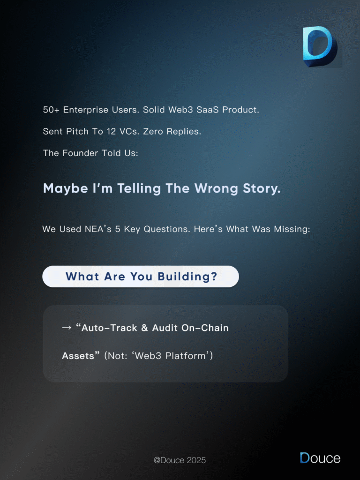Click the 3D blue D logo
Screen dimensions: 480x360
pos(319,46)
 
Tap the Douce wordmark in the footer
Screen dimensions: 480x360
pos(320,458)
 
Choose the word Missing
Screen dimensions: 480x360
pos(290,229)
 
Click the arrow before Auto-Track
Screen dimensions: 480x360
pos(67,328)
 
